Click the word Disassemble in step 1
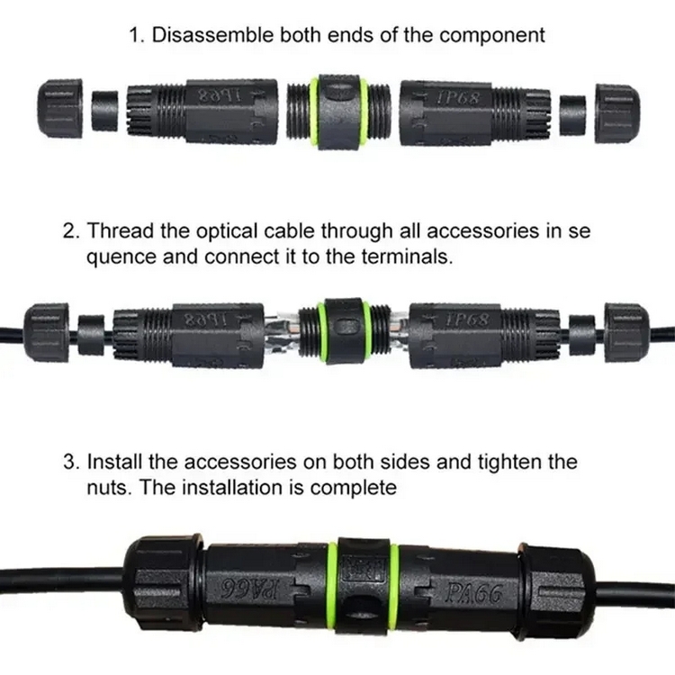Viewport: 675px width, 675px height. (x=212, y=35)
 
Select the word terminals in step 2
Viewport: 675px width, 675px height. (x=407, y=257)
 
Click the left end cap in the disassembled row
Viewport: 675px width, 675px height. (x=59, y=108)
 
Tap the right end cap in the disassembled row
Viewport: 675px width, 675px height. (x=617, y=113)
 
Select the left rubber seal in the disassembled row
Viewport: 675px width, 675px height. (x=105, y=110)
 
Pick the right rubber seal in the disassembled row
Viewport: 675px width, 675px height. (x=572, y=115)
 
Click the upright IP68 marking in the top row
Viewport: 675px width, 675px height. (x=457, y=98)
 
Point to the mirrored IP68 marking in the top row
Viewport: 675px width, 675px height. (x=219, y=95)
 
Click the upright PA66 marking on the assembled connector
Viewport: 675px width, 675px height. (x=473, y=594)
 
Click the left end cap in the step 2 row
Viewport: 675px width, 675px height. (x=47, y=332)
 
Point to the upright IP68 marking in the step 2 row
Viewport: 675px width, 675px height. (x=467, y=320)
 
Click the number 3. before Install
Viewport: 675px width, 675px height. (x=72, y=462)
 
